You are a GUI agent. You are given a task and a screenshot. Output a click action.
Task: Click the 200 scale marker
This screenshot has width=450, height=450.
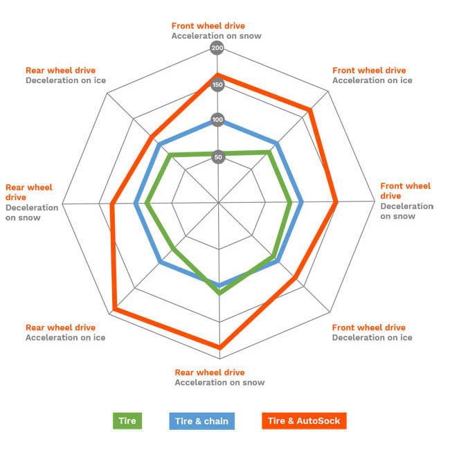pos(217,48)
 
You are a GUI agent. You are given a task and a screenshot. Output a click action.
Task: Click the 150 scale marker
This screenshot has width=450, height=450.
pos(217,85)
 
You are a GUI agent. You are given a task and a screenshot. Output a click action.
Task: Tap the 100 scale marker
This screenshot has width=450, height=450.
pos(217,120)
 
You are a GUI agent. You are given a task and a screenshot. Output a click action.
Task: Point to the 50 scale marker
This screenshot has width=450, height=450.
pos(217,157)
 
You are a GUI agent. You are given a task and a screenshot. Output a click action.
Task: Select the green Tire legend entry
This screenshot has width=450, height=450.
pos(127,420)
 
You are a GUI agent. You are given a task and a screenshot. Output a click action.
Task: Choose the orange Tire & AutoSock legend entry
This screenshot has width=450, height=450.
pos(304,420)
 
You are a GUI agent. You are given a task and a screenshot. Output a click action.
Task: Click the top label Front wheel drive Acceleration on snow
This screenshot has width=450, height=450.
pos(217,31)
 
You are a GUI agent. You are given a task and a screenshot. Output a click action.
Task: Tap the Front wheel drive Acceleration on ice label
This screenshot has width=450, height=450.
pos(372,75)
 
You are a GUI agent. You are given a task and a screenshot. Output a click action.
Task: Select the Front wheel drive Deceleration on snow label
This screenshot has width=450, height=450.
pos(406,201)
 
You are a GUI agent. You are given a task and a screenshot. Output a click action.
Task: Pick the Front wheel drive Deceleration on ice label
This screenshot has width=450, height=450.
pos(372,332)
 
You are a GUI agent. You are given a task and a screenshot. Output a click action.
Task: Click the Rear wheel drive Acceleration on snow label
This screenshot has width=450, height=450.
pos(219,377)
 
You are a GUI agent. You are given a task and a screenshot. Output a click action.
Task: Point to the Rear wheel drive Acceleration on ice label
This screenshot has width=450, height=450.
pos(65,332)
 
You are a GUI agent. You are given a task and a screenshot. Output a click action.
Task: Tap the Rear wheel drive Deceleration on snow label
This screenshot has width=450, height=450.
pos(32,202)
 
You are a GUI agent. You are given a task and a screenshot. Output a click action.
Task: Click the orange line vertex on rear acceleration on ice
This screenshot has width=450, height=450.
pos(114,309)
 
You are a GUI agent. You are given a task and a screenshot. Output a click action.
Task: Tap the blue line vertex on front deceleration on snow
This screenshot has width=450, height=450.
pos(301,203)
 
